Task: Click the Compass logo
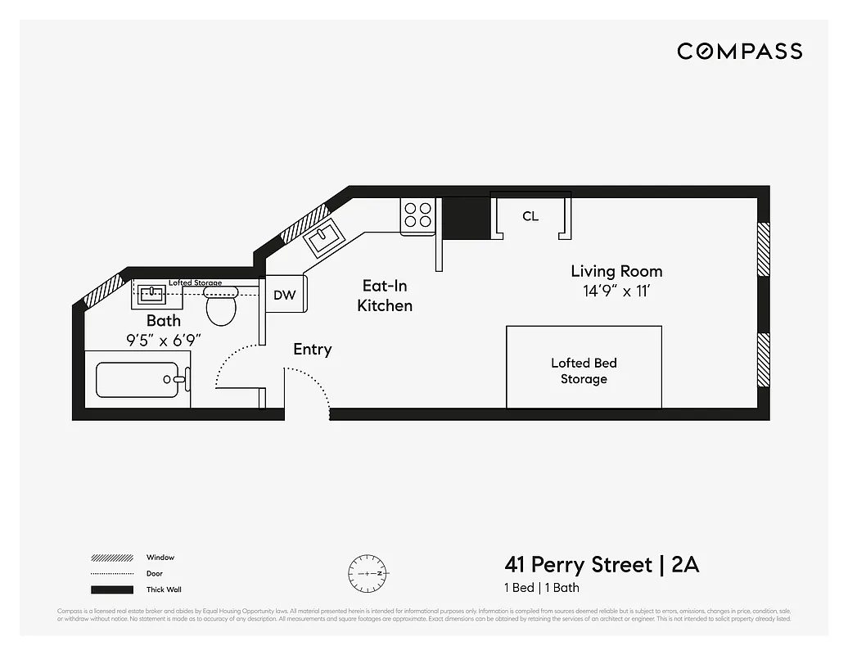(x=739, y=52)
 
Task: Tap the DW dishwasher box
(x=284, y=295)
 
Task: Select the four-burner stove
(x=417, y=215)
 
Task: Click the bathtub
(x=138, y=379)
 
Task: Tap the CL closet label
(x=530, y=216)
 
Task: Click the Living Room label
(x=616, y=271)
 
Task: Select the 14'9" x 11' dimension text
(x=616, y=291)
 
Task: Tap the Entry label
(x=313, y=350)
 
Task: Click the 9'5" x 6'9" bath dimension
(x=163, y=339)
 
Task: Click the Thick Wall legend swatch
(x=112, y=589)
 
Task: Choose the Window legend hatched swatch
(x=112, y=558)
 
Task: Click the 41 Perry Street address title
(x=602, y=565)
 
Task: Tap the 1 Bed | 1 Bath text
(x=542, y=588)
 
